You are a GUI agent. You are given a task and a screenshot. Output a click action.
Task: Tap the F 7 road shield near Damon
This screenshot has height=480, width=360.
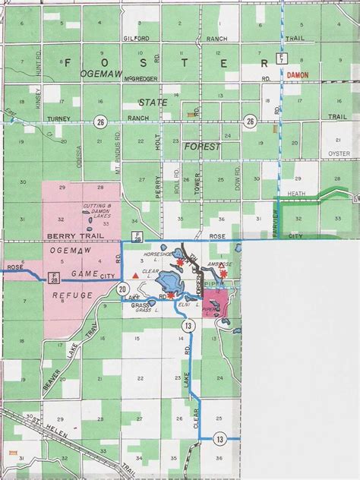[282, 58]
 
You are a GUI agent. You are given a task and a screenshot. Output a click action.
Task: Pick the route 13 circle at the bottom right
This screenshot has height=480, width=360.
[219, 438]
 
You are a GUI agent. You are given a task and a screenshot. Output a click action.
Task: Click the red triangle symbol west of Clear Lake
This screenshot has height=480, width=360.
[135, 273]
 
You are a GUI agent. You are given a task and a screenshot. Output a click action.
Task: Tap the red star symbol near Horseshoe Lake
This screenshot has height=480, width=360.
[179, 263]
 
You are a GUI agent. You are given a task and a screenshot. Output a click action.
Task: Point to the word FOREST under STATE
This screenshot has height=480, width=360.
[201, 146]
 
